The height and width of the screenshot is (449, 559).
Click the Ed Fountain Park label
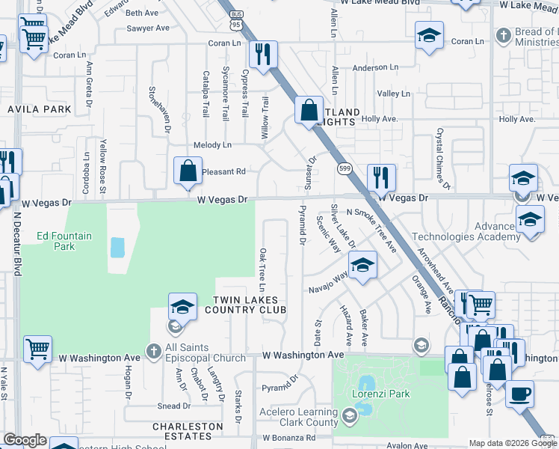point(64,241)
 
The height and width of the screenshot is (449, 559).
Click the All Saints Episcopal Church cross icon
point(153,351)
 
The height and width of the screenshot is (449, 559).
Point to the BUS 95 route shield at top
point(236,24)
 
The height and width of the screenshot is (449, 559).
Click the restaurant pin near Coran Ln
point(262,55)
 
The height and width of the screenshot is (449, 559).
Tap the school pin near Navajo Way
point(362,266)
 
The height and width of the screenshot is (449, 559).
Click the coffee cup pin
point(519,393)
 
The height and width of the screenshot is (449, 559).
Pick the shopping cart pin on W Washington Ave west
point(37,349)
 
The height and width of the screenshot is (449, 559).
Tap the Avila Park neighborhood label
point(39,109)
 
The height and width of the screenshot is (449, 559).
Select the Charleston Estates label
point(188,431)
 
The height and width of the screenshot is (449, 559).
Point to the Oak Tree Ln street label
point(262,270)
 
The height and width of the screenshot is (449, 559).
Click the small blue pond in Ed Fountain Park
point(117,247)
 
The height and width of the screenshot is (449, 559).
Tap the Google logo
point(24,440)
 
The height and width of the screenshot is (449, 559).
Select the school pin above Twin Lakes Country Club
point(182,307)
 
